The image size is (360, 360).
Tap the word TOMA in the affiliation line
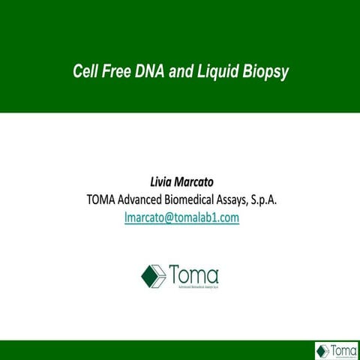coord(104,199)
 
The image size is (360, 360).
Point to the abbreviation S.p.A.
coord(292,199)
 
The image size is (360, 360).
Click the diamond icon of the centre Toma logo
coord(154,275)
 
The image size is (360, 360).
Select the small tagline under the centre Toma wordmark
coord(193,286)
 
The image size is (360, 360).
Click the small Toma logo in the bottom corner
coord(335,350)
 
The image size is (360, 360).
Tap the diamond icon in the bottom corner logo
coord(323,350)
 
